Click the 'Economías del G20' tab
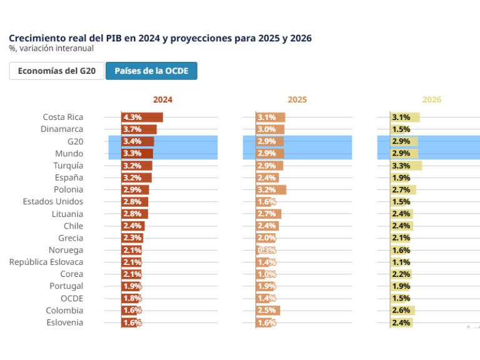click(56, 71)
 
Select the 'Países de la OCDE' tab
click(151, 71)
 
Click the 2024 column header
click(162, 99)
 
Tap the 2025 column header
click(297, 99)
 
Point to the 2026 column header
click(431, 99)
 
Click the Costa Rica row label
click(62, 117)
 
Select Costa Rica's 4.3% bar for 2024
click(142, 117)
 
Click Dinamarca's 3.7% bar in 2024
click(139, 129)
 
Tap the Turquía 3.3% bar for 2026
click(406, 166)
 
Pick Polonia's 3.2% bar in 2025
click(271, 189)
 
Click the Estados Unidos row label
click(52, 202)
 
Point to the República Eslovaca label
click(46, 262)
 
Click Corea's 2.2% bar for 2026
click(401, 274)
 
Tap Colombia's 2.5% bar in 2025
click(268, 311)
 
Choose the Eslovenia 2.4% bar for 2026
click(402, 322)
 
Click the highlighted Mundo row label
click(69, 154)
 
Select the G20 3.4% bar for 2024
click(138, 141)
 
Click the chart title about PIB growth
click(160, 38)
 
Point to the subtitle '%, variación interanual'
click(51, 48)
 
